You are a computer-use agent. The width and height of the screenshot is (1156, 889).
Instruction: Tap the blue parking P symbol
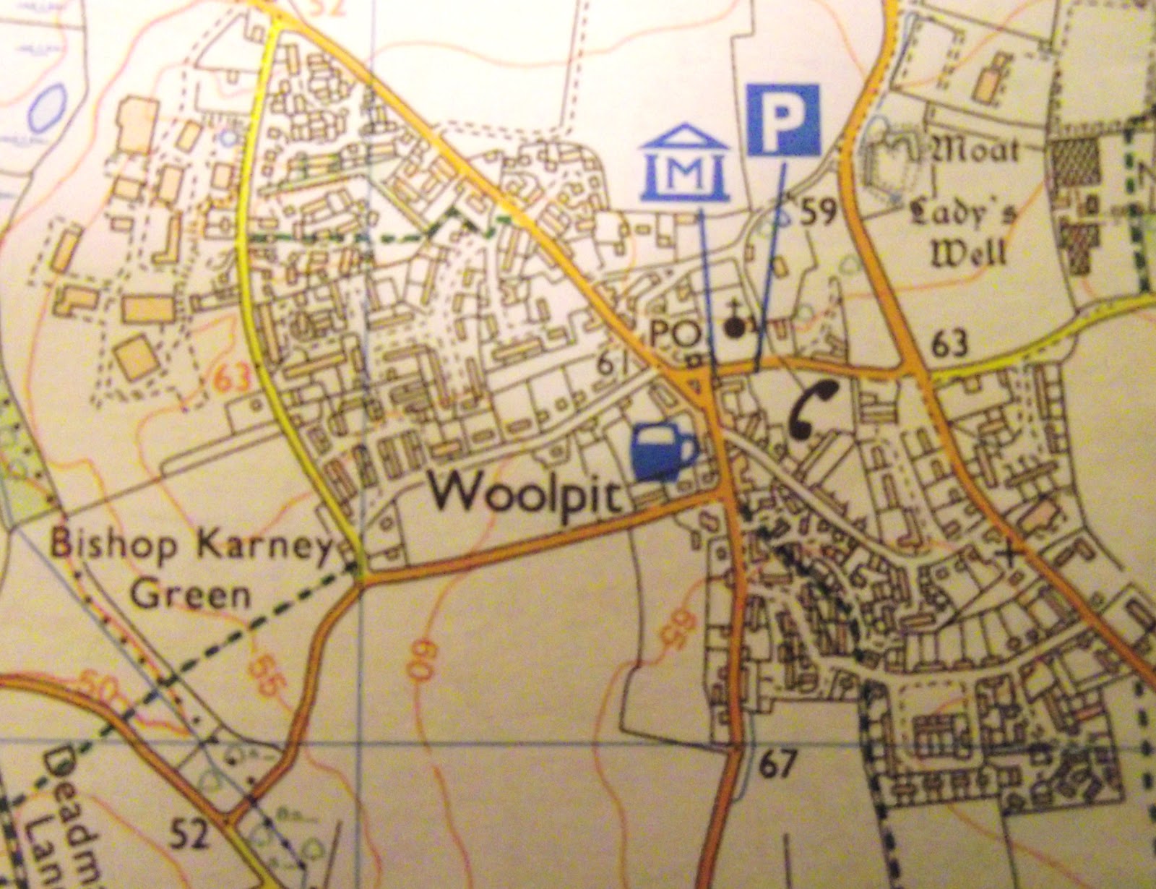(x=783, y=120)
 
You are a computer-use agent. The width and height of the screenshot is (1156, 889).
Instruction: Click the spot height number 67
(x=777, y=763)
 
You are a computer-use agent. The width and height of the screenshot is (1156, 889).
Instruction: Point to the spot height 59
(x=817, y=212)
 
